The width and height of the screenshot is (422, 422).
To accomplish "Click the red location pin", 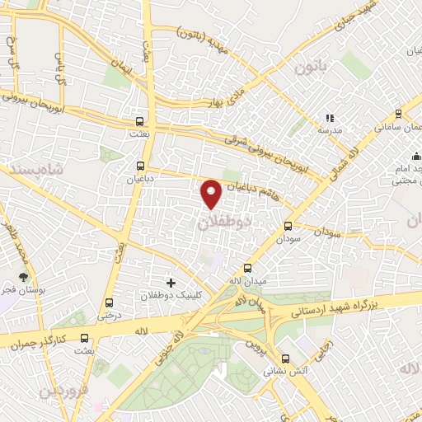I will [x=212, y=192].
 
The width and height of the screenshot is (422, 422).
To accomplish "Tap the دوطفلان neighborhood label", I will [x=225, y=222].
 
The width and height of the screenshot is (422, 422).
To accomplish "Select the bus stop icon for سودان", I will [x=288, y=227].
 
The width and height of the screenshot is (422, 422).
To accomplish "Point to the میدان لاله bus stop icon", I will [x=248, y=269].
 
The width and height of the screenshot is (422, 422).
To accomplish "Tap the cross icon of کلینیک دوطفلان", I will [x=171, y=283].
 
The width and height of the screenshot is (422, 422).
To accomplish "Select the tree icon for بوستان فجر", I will [x=23, y=278].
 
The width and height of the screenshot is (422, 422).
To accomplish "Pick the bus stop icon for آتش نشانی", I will [x=286, y=359].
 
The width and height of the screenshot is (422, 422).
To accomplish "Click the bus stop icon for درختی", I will [x=110, y=302].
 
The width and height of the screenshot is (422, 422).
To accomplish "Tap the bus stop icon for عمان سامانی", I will [x=399, y=114].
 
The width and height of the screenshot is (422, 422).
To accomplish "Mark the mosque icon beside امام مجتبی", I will [x=417, y=158].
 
